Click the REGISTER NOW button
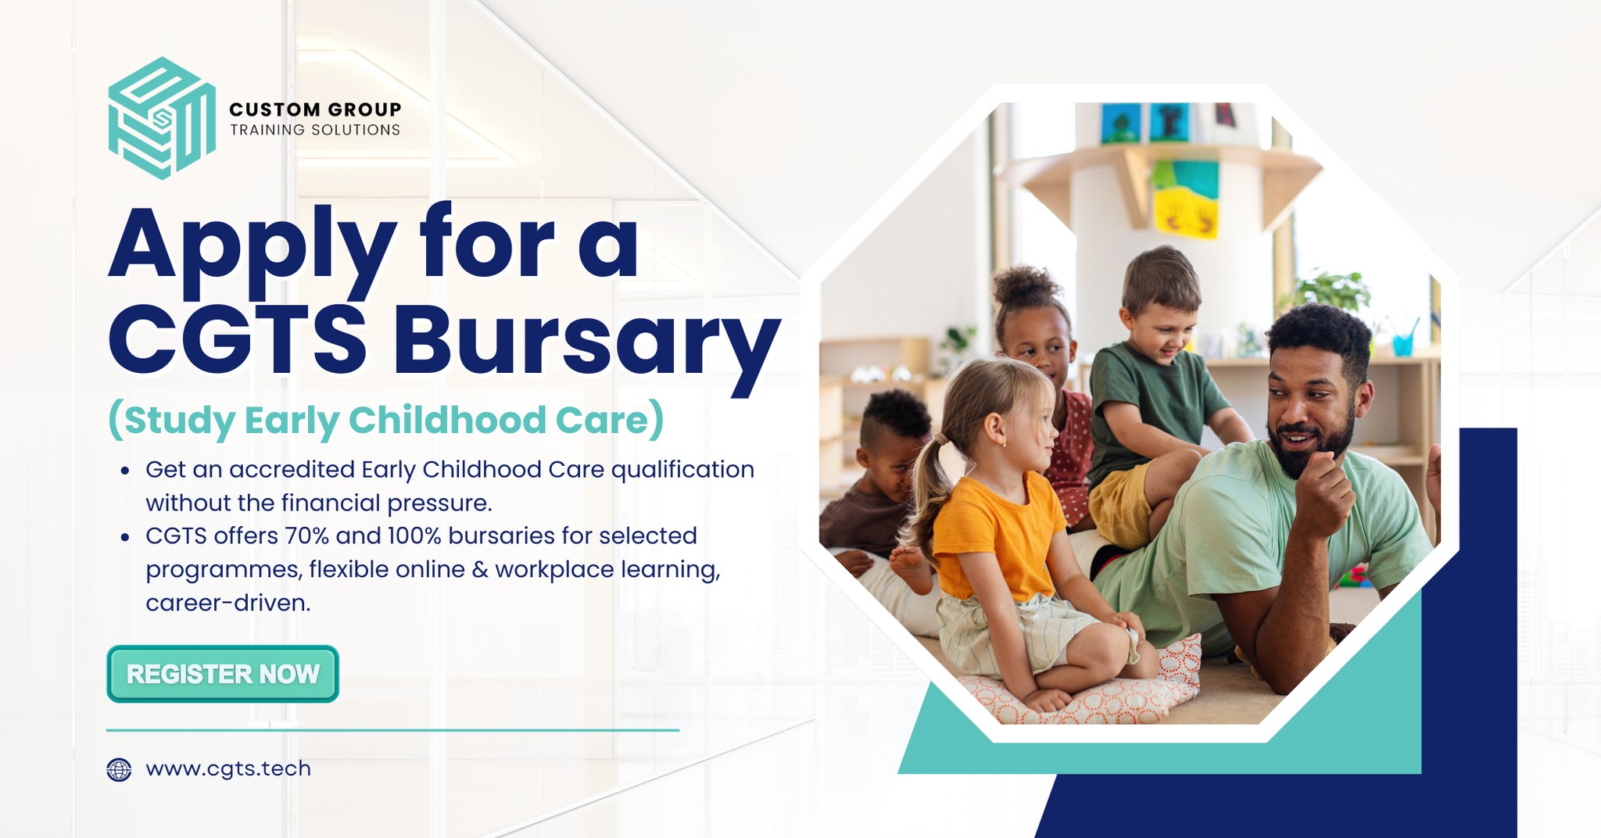tap(223, 674)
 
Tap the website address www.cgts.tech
tap(228, 769)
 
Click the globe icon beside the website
tap(119, 770)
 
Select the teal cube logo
tap(162, 118)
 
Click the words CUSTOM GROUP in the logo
tap(315, 109)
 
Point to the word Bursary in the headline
tap(587, 343)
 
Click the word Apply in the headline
tap(253, 248)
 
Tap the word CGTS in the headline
tap(238, 339)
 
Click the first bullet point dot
tap(125, 471)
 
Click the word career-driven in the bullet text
tap(228, 603)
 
